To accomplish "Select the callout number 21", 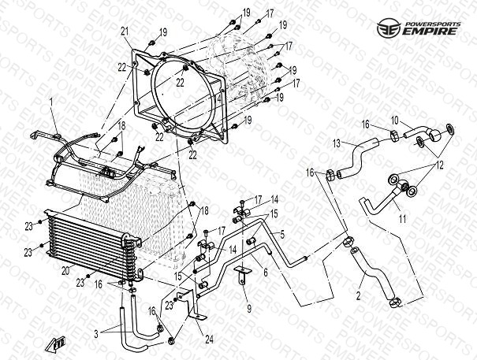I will click(x=125, y=31).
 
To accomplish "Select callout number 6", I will click(x=266, y=272).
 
